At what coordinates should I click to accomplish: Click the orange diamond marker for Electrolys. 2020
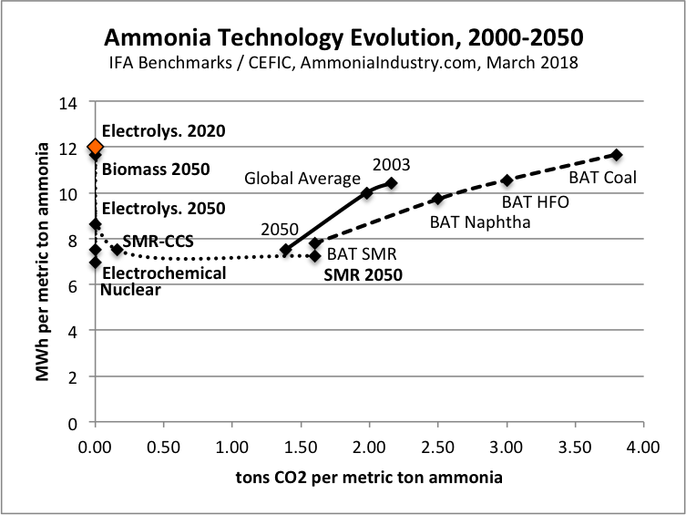(95, 147)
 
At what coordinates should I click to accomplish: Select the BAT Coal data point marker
(617, 155)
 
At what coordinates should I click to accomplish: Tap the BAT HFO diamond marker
(507, 180)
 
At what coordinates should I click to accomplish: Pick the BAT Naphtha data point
(437, 199)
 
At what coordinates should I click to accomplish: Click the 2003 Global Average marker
(392, 183)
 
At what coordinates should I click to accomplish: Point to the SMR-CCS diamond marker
(117, 250)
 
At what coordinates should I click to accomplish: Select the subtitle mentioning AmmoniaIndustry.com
(343, 64)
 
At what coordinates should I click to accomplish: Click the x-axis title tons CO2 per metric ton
(369, 477)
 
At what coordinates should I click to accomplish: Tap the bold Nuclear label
(130, 290)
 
